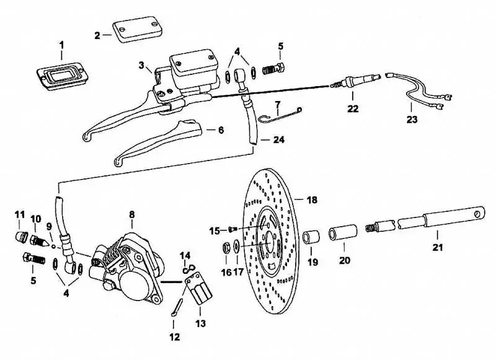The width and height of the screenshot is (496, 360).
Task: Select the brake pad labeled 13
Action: click(x=199, y=295)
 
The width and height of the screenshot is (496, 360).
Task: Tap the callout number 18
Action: click(x=311, y=200)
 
